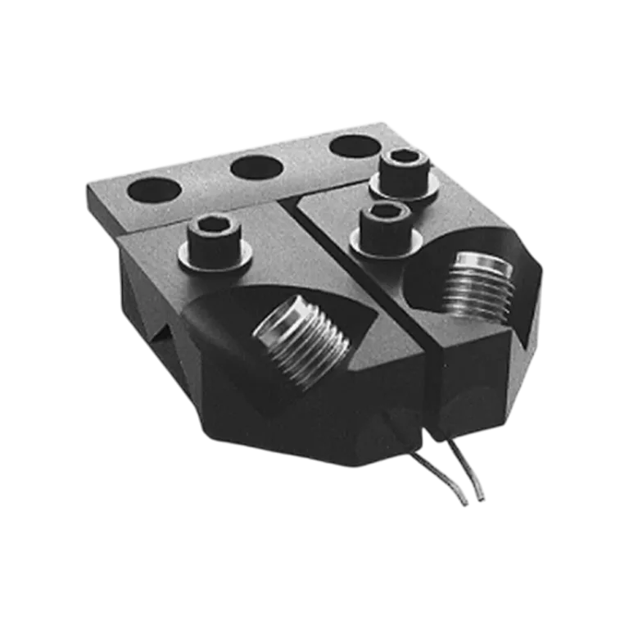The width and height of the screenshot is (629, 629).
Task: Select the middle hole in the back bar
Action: click(x=256, y=168)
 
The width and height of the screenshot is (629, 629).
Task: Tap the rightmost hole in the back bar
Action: click(x=354, y=147)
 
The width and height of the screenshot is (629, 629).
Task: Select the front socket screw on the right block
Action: click(x=387, y=224)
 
